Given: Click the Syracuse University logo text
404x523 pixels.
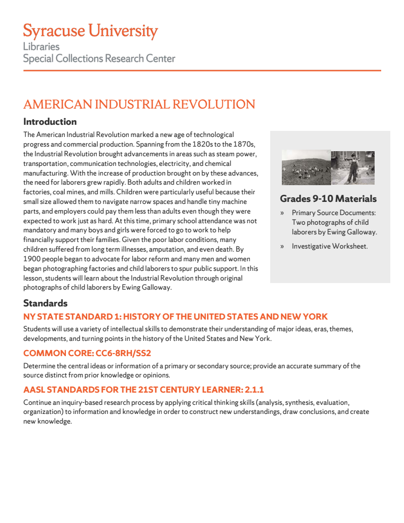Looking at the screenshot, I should [90, 31].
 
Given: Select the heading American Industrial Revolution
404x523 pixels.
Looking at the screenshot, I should [139, 104].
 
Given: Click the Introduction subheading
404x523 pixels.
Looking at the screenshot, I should [50, 122].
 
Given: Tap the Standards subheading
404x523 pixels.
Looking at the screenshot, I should [45, 303].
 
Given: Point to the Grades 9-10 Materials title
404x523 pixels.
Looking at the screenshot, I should [328, 198].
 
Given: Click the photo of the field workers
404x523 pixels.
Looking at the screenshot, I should [306, 167].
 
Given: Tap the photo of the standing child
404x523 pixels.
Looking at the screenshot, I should [353, 167].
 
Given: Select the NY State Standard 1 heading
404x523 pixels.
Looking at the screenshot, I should [175, 317].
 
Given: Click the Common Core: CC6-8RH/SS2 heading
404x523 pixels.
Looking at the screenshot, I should [87, 353].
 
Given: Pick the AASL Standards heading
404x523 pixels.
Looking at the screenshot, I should [143, 390].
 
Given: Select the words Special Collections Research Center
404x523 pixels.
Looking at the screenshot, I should [99, 58].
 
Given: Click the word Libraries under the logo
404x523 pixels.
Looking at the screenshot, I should [41, 46].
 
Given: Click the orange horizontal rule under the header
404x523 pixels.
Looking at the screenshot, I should [202, 71].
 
